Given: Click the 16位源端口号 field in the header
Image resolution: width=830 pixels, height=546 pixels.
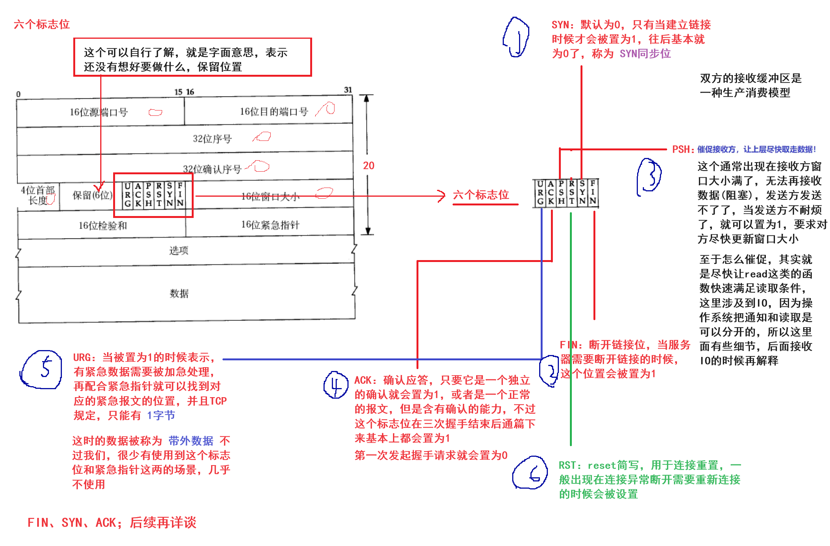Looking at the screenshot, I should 99,112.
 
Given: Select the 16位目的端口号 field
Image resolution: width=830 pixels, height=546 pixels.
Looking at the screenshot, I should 273,112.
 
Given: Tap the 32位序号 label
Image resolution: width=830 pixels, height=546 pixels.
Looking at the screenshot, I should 212,139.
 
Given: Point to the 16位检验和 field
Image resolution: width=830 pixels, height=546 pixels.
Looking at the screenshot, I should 103,226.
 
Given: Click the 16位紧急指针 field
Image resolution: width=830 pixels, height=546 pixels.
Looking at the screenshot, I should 270,225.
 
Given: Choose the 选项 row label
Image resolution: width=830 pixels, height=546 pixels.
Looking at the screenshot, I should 178,250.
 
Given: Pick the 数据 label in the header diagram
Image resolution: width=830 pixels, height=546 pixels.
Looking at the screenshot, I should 179,294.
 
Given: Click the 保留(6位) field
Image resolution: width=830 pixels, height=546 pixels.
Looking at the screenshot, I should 92,195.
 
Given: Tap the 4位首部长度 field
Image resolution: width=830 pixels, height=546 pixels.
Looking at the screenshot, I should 38,195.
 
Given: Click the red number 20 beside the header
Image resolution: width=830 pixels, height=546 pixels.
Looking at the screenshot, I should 368,166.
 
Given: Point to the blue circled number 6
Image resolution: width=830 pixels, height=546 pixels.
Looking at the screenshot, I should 530,473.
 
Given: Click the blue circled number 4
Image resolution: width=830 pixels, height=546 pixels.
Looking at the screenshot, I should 336,385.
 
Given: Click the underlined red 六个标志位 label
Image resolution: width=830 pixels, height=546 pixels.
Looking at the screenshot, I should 481,195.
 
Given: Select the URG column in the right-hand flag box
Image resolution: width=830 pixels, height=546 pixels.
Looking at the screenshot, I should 540,193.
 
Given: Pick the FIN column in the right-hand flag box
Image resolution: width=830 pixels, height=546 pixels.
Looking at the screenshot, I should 593,193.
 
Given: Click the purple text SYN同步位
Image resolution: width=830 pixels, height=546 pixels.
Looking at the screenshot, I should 645,54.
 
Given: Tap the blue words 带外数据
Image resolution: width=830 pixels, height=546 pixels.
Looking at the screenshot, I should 191,441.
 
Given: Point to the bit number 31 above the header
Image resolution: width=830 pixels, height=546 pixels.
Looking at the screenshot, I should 348,90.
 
